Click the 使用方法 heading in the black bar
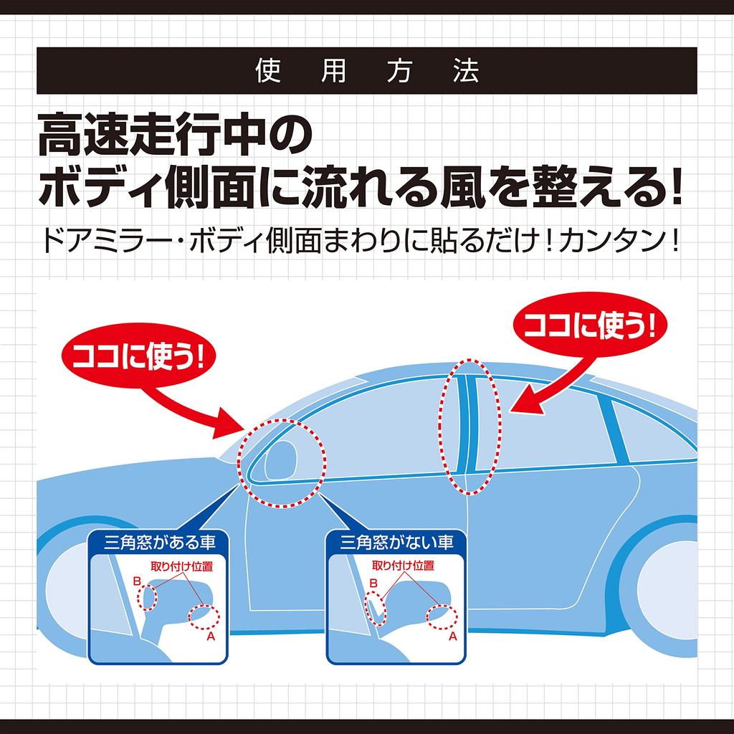366,71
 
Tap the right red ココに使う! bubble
590,328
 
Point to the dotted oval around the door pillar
470,427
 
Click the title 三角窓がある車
157,542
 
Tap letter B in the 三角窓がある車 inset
136,582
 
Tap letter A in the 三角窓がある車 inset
211,635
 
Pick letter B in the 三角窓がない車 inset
373,582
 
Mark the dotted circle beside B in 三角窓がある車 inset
150,597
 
